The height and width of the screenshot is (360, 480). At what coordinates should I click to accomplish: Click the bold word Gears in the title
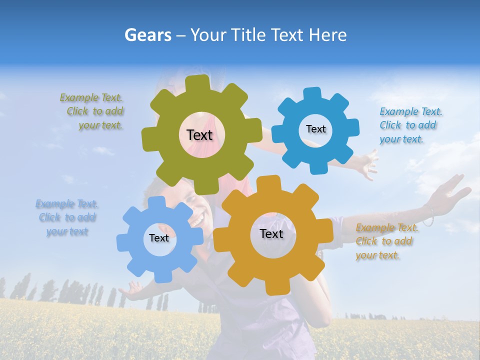[x=147, y=35]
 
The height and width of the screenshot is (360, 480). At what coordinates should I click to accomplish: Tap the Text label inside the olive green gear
[x=199, y=135]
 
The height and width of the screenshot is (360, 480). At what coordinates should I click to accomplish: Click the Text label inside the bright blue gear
[x=315, y=129]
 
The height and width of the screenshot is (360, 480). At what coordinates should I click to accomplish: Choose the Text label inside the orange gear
[x=271, y=233]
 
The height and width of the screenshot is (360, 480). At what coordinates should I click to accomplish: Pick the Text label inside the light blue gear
[x=159, y=238]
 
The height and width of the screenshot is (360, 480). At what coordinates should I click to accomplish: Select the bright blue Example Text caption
[x=410, y=125]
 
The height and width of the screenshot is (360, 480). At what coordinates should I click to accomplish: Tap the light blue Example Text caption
[x=67, y=217]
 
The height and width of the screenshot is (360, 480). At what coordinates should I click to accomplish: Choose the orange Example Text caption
[x=386, y=241]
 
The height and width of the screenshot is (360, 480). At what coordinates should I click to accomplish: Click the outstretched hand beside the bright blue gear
[x=367, y=162]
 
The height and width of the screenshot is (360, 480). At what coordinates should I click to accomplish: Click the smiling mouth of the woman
[x=198, y=219]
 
